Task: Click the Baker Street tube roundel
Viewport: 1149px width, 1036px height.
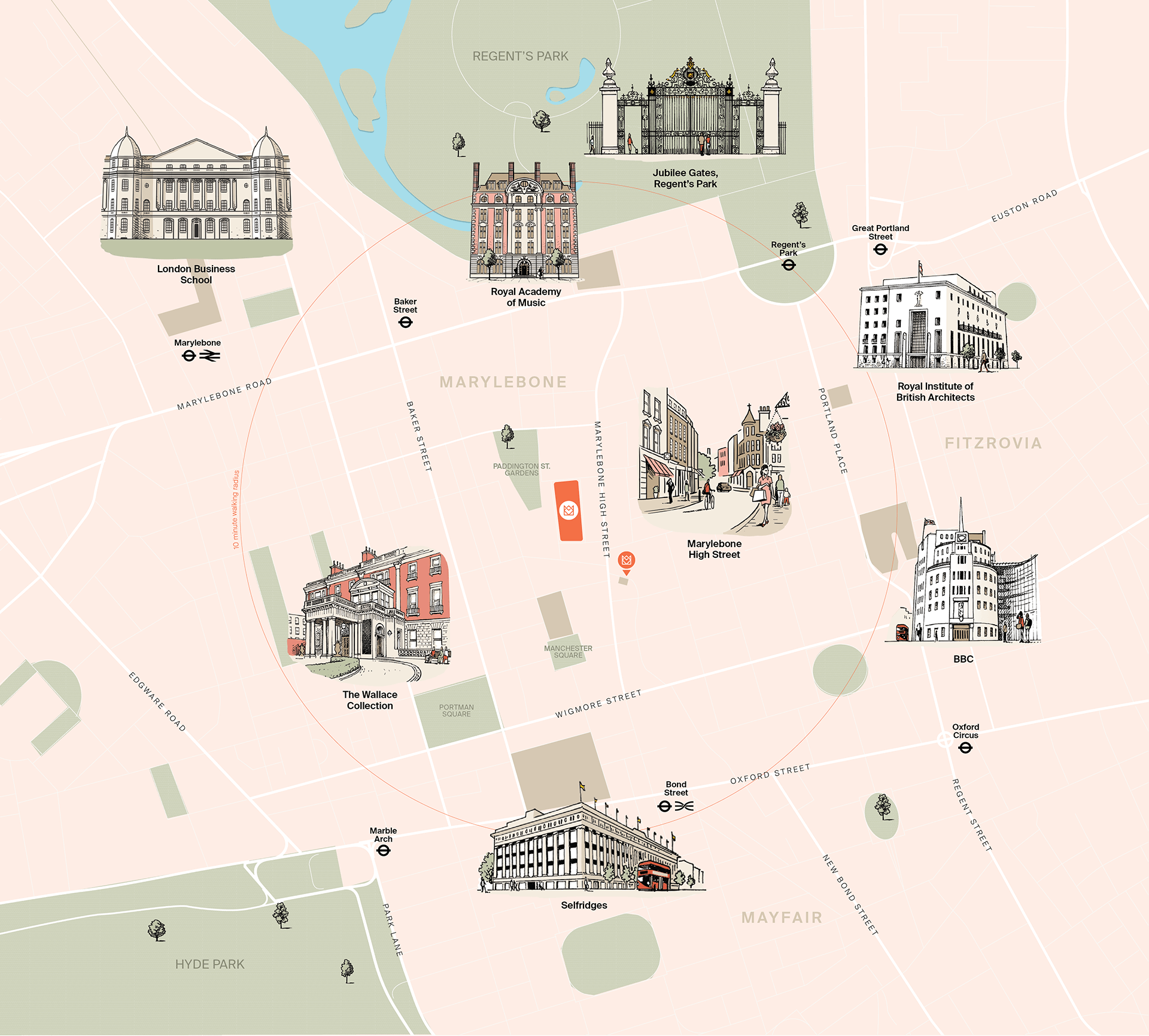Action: pyautogui.click(x=405, y=323)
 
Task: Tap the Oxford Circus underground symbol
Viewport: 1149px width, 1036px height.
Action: pyautogui.click(x=965, y=748)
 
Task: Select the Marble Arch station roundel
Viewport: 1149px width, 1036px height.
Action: pyautogui.click(x=384, y=850)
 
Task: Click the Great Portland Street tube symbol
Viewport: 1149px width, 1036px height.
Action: pyautogui.click(x=880, y=249)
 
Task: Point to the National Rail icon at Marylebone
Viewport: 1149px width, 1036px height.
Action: pyautogui.click(x=209, y=356)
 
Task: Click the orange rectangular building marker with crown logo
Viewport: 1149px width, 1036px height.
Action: pyautogui.click(x=569, y=511)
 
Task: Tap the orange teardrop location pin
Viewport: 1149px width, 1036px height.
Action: pyautogui.click(x=626, y=561)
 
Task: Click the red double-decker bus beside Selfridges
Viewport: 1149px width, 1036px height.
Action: pyautogui.click(x=653, y=876)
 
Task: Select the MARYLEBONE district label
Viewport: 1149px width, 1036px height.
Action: pyautogui.click(x=503, y=382)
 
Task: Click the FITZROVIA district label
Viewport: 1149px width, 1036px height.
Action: pyautogui.click(x=993, y=443)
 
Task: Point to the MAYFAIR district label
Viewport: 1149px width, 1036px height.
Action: pyautogui.click(x=782, y=917)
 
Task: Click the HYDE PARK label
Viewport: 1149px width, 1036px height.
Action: pyautogui.click(x=209, y=964)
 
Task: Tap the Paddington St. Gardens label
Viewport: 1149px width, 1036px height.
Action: pyautogui.click(x=521, y=469)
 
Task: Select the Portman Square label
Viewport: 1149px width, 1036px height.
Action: pyautogui.click(x=456, y=710)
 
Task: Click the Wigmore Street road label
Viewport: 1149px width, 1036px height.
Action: pyautogui.click(x=598, y=704)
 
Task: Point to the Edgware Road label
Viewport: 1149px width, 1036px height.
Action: pyautogui.click(x=157, y=701)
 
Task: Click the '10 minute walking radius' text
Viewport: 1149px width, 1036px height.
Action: pyautogui.click(x=236, y=509)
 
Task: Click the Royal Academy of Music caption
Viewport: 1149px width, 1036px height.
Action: pyautogui.click(x=525, y=297)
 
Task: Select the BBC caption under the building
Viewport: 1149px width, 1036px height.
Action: pyautogui.click(x=963, y=659)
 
